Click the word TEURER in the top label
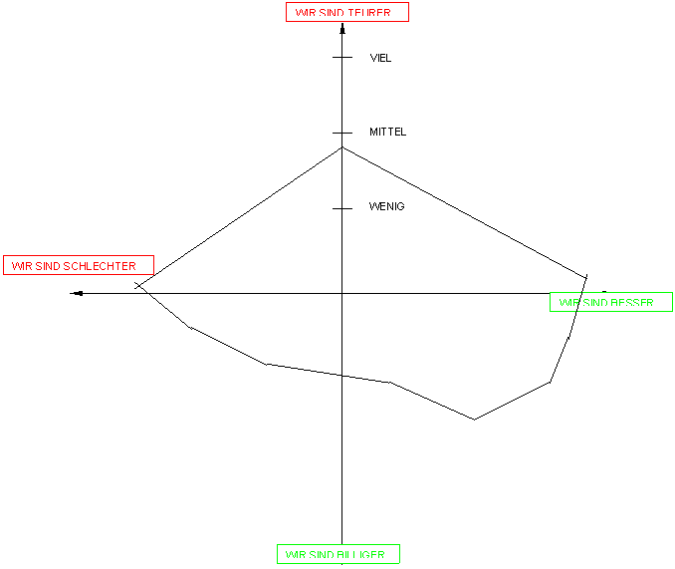[369, 13]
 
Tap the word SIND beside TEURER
[333, 13]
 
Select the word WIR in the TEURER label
[305, 13]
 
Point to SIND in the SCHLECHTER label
[49, 266]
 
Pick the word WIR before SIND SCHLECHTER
[21, 266]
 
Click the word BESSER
[633, 303]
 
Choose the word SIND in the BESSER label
[596, 303]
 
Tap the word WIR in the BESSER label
[568, 303]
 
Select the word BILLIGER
[362, 555]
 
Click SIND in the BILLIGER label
[323, 555]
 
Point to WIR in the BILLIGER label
[295, 555]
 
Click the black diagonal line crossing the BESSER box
[578, 302]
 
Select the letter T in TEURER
[350, 13]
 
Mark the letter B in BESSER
[616, 303]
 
